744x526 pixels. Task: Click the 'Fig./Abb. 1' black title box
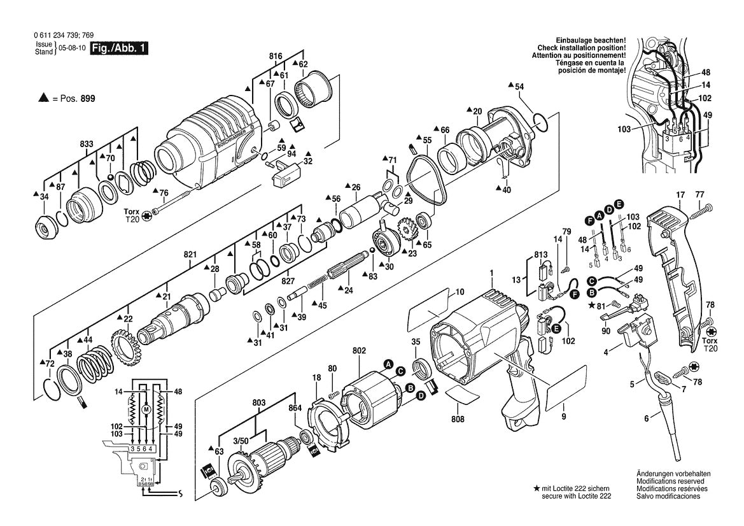(119, 48)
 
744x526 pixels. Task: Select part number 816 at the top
(275, 57)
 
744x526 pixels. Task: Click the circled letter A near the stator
(386, 364)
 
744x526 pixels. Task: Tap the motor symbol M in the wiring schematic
(146, 409)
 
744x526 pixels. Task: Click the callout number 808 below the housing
(458, 419)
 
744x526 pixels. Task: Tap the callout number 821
(190, 254)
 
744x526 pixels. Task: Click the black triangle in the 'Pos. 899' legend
(43, 99)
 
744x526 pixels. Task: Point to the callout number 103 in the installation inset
(623, 129)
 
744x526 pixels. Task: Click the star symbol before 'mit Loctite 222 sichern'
(537, 487)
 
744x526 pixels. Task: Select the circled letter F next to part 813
(575, 294)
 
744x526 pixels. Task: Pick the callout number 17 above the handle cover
(680, 194)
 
